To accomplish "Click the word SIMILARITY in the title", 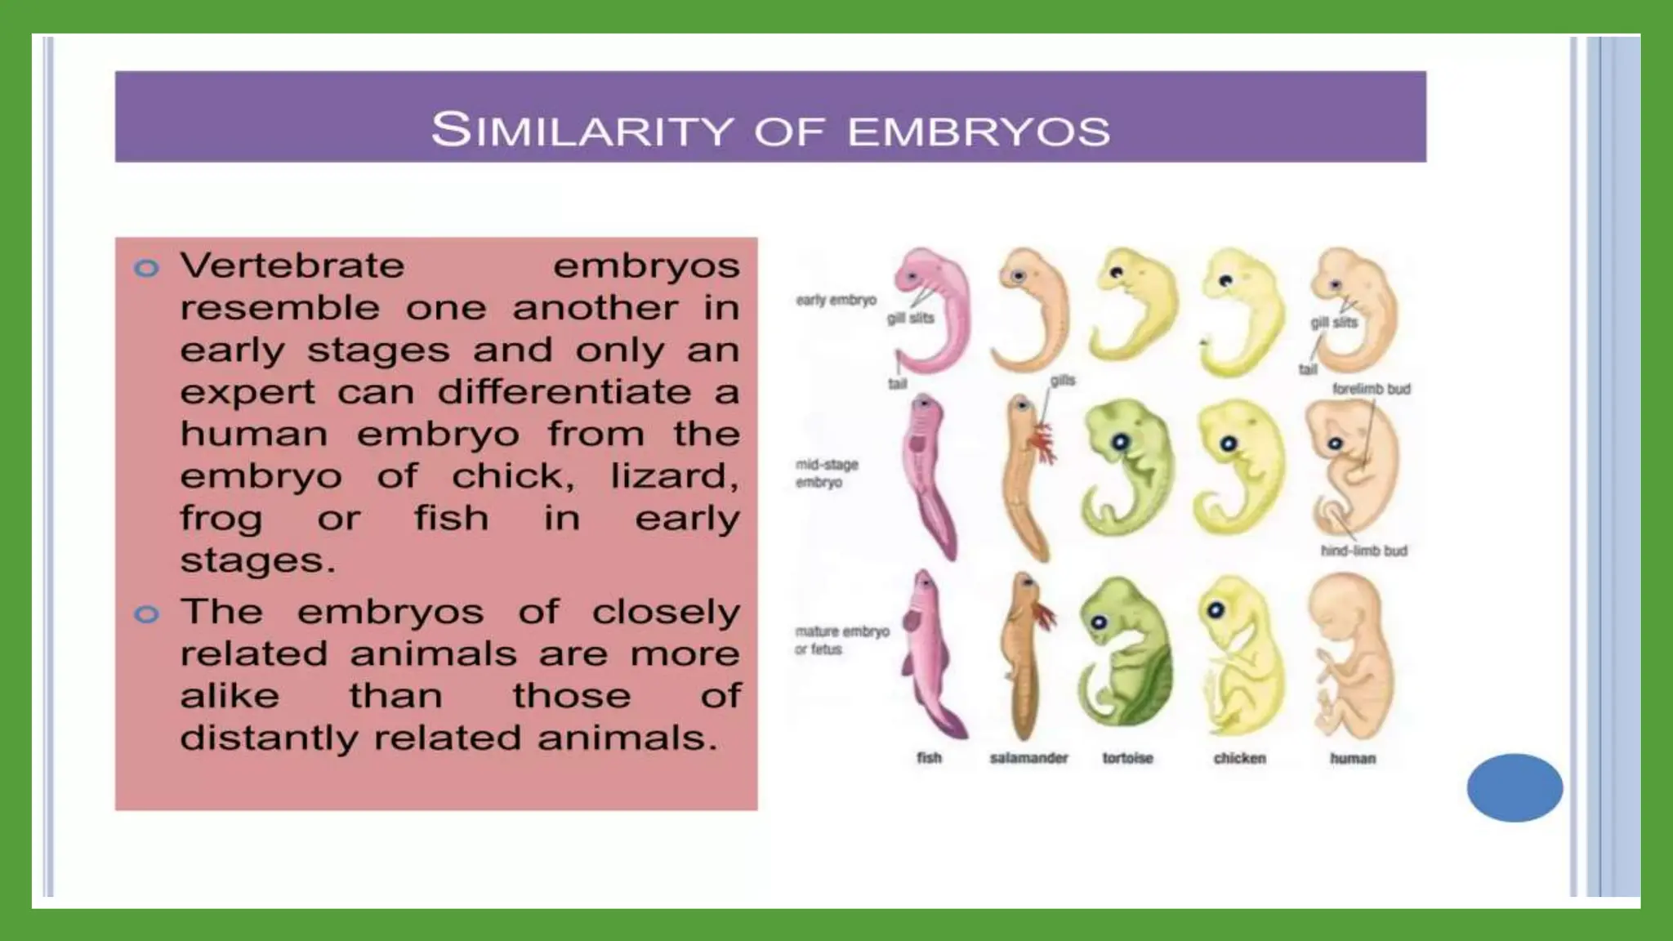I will [x=582, y=130].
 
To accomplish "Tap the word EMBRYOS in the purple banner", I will [x=978, y=132].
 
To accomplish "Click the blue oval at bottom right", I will [x=1514, y=787].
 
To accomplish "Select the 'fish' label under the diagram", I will [x=929, y=758].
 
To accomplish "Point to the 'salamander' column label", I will [x=1028, y=758].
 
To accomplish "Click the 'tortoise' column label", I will [x=1127, y=758].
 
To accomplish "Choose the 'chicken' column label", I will [x=1239, y=758].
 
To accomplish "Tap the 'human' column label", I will [x=1353, y=758].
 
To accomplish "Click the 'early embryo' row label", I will [x=836, y=300].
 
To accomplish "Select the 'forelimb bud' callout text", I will [x=1371, y=389].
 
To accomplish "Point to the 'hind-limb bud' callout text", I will [x=1363, y=551].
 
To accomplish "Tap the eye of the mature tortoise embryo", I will [x=1100, y=622].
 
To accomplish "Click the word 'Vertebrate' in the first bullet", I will [x=292, y=266].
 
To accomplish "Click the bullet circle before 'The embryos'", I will [x=146, y=613].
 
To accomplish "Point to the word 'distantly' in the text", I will [x=269, y=738].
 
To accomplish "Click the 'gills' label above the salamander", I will [x=1062, y=381].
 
